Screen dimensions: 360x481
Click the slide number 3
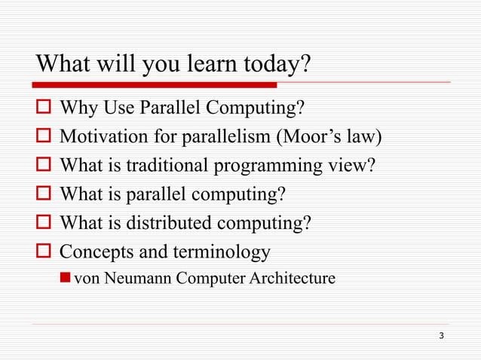(x=441, y=334)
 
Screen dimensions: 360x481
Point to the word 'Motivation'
(x=100, y=139)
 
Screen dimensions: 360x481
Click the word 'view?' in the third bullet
(x=354, y=166)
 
